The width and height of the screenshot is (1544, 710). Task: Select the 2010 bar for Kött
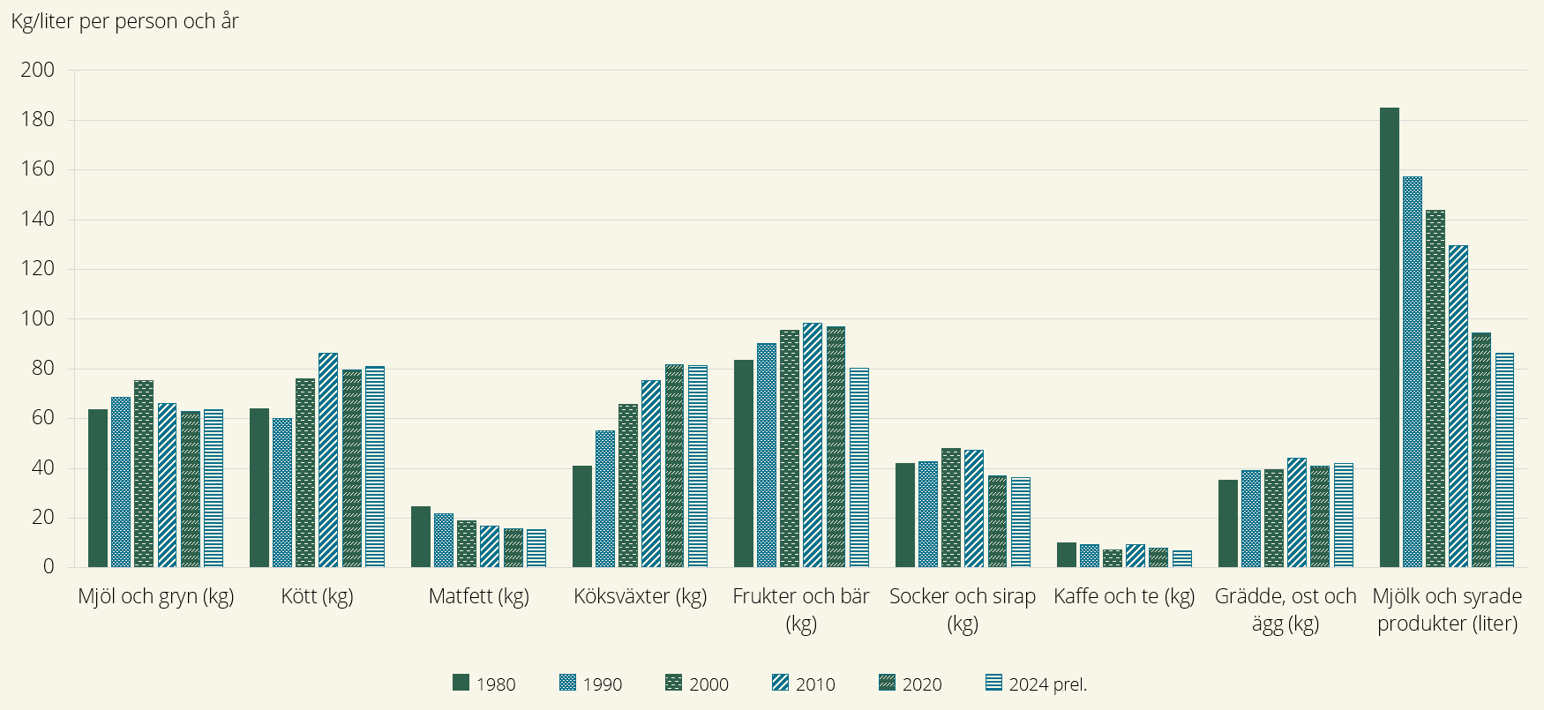coord(328,460)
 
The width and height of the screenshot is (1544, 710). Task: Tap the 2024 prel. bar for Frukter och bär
coord(859,467)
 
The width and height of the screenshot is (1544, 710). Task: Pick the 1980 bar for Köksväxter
coord(582,516)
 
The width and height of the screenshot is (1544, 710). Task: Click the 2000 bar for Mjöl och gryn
coord(144,474)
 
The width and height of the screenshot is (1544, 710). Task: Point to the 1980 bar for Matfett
coord(421,536)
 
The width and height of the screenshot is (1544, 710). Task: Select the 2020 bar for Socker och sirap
coord(997,521)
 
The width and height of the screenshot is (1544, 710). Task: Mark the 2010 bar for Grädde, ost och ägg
coord(1297,512)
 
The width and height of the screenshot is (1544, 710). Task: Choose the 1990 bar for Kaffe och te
coord(1090,556)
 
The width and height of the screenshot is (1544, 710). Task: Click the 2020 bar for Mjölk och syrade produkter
coord(1481,450)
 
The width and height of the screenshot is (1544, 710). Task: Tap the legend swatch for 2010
coord(781,683)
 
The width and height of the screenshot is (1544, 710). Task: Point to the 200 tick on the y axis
coord(37,70)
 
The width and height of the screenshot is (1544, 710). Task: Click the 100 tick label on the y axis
coord(37,318)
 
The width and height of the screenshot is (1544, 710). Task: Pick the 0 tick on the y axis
coord(49,567)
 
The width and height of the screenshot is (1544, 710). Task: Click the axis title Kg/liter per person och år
coord(124,21)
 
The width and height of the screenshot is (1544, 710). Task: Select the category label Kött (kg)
coord(317,596)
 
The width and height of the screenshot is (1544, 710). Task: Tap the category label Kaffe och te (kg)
coord(1124,596)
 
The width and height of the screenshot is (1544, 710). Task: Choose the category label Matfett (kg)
coord(478,596)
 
